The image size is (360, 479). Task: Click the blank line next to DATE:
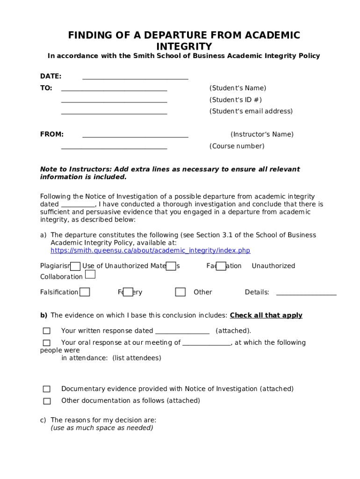(x=135, y=79)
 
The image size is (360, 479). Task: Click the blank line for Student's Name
(x=114, y=90)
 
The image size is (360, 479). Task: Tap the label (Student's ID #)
(x=235, y=100)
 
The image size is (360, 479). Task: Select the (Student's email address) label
(x=251, y=111)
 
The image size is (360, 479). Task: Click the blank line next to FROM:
(x=135, y=137)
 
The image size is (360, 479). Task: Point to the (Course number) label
(x=237, y=146)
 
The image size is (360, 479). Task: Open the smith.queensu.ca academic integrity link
(x=150, y=251)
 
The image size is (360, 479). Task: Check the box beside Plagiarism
(x=75, y=266)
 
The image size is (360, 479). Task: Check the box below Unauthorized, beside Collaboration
(x=90, y=275)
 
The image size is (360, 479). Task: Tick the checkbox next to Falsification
(x=85, y=292)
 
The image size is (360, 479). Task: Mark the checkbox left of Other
(x=180, y=292)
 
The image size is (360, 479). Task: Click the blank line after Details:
(x=306, y=294)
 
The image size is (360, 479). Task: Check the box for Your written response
(x=47, y=331)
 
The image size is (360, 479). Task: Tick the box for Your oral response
(x=47, y=343)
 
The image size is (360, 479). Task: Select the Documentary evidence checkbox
(x=47, y=389)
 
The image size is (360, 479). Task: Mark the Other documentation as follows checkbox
(x=47, y=401)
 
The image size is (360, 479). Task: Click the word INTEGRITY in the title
(x=184, y=47)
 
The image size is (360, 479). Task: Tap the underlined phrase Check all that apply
(x=266, y=316)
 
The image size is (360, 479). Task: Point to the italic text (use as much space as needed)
(x=102, y=428)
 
